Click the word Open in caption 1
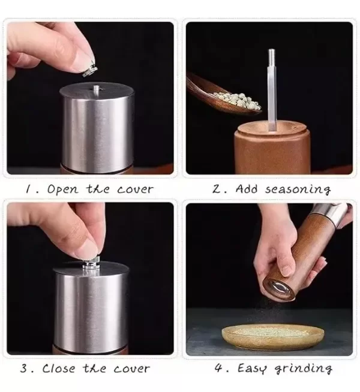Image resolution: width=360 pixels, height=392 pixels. [63, 190]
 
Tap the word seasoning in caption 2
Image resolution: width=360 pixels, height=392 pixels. [298, 189]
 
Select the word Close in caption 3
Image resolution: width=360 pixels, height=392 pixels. [59, 368]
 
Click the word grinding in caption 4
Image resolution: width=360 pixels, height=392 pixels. [303, 369]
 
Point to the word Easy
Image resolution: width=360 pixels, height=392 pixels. [251, 369]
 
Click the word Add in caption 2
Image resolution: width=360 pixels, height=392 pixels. [246, 189]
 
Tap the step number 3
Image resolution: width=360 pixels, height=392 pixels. [24, 369]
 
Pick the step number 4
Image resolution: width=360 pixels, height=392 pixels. [218, 368]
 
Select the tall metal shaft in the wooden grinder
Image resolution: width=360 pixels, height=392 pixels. [271, 90]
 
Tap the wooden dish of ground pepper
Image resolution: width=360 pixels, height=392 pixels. [273, 336]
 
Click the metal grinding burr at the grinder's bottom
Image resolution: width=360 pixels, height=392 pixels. [280, 288]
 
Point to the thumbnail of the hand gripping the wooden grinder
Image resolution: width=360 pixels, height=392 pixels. [284, 270]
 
